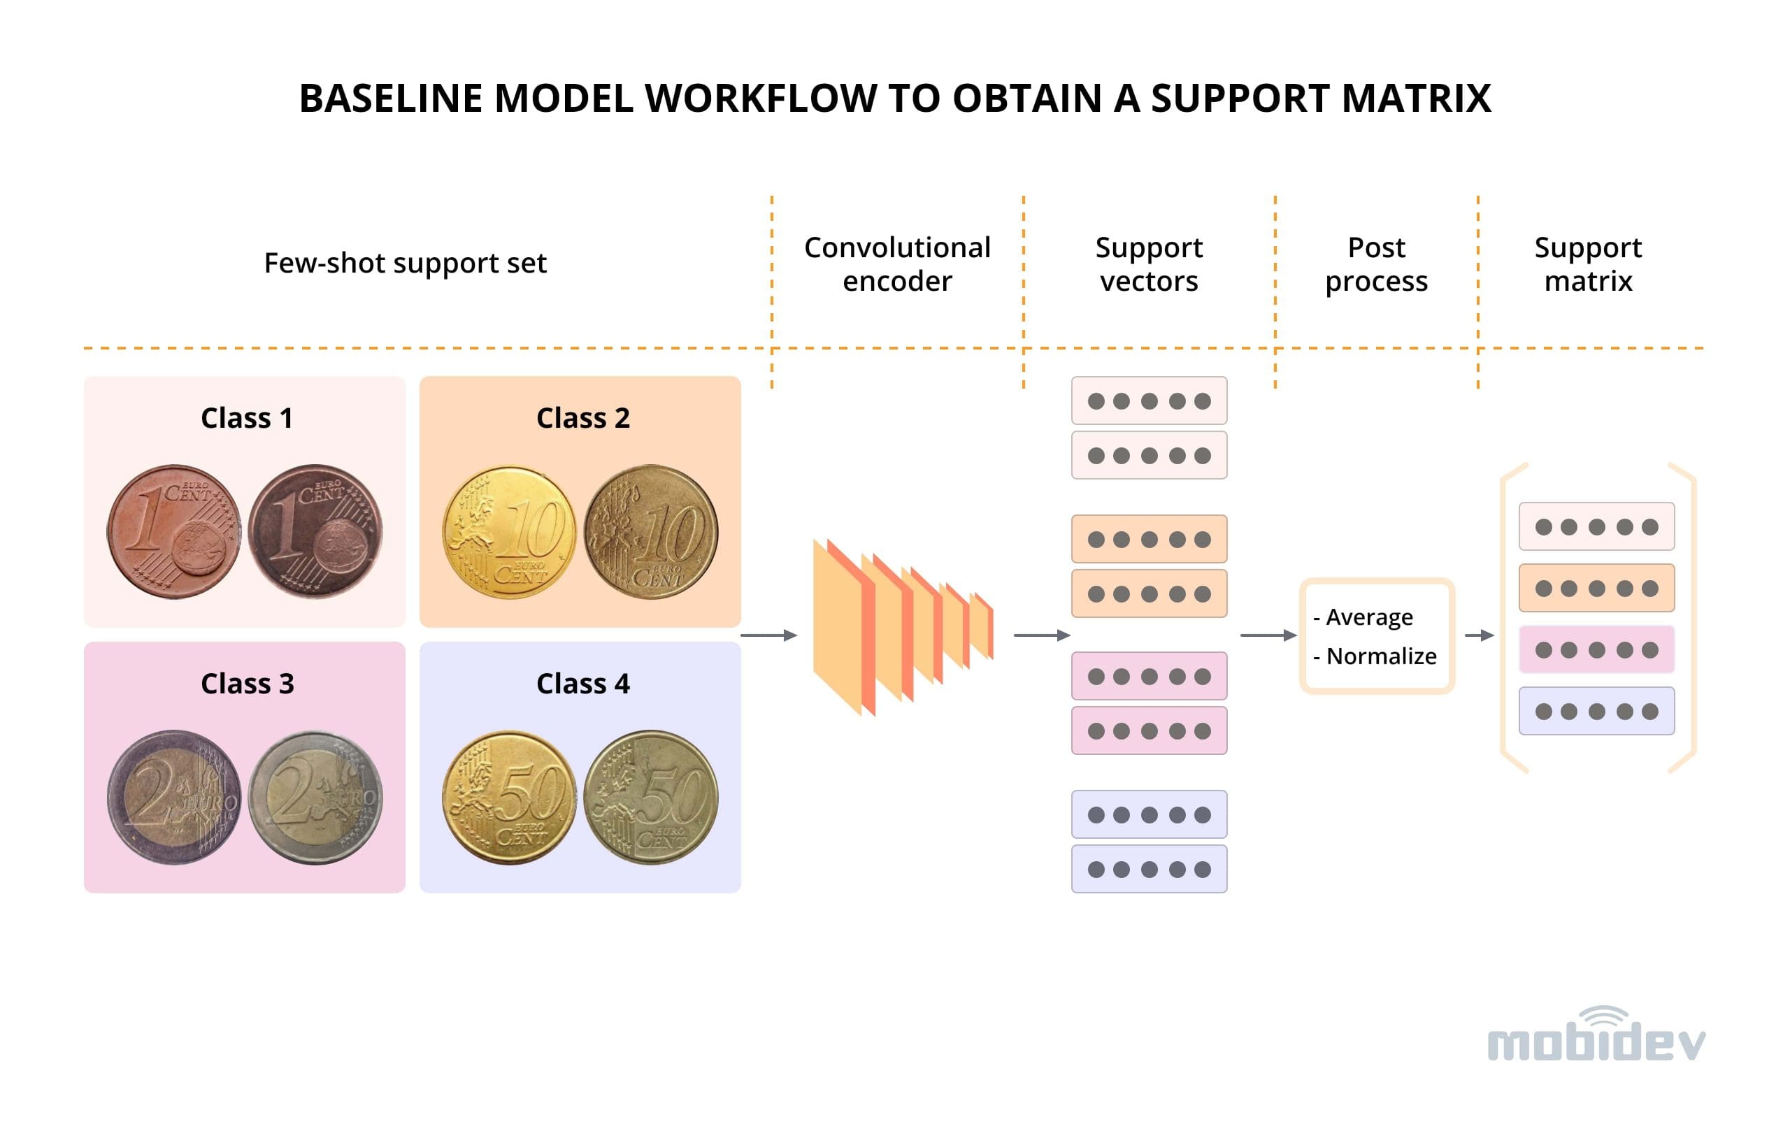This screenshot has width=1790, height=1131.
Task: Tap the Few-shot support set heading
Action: (405, 263)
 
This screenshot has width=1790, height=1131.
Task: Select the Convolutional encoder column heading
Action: (896, 264)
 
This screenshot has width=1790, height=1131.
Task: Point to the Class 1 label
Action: (247, 417)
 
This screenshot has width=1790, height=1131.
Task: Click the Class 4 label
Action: (582, 683)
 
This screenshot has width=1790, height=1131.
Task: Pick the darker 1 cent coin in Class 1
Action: (315, 531)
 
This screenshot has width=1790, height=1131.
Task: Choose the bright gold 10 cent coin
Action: (509, 532)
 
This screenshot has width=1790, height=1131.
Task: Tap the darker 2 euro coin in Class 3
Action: (174, 797)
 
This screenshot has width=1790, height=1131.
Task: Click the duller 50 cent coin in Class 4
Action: (650, 797)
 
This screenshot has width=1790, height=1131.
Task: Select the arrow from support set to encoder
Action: (768, 635)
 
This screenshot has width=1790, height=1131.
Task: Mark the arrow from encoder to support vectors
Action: (1041, 635)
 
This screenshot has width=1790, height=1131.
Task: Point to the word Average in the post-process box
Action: (1369, 617)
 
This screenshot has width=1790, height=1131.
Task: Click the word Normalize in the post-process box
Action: (1381, 656)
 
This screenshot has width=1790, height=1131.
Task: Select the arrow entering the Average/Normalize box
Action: (1268, 635)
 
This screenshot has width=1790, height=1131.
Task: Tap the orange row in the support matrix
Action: (1596, 588)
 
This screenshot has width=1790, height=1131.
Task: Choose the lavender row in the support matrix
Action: (1596, 711)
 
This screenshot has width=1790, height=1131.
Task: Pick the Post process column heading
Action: (1376, 264)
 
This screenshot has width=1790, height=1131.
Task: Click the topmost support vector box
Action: (1149, 401)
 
